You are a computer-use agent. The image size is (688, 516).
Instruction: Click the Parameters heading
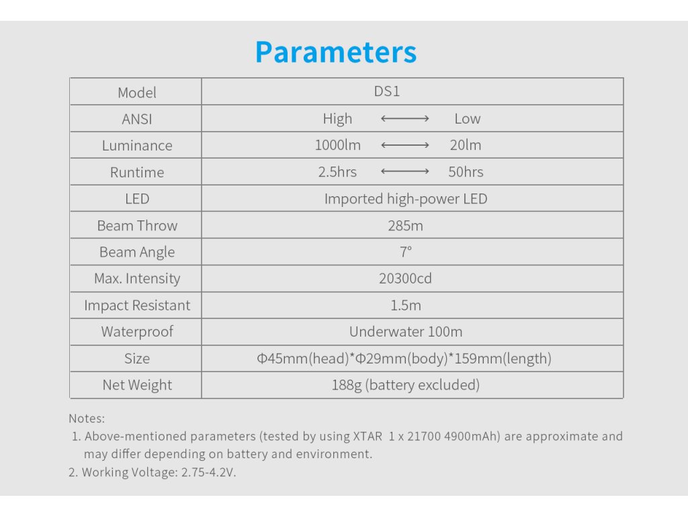pyautogui.click(x=336, y=52)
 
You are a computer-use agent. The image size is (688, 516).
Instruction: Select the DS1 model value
pyautogui.click(x=386, y=91)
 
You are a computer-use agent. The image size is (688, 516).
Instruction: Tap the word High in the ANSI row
pyautogui.click(x=337, y=119)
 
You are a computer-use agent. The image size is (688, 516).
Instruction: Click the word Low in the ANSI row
pyautogui.click(x=468, y=118)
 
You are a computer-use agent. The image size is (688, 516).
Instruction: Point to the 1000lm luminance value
pyautogui.click(x=337, y=145)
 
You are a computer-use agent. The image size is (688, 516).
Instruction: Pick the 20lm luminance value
pyautogui.click(x=465, y=145)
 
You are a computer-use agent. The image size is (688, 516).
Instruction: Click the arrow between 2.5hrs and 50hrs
pyautogui.click(x=405, y=171)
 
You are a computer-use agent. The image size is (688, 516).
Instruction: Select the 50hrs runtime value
pyautogui.click(x=466, y=172)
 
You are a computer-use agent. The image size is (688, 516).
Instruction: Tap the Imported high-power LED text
pyautogui.click(x=406, y=199)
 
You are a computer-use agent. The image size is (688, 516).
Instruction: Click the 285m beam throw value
pyautogui.click(x=405, y=226)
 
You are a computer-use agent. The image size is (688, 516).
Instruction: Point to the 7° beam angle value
pyautogui.click(x=405, y=252)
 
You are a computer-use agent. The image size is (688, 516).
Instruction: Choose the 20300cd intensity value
pyautogui.click(x=405, y=279)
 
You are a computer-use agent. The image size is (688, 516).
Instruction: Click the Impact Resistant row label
pyautogui.click(x=137, y=306)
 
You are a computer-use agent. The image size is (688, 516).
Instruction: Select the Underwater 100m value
pyautogui.click(x=406, y=332)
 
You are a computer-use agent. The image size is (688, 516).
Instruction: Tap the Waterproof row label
pyautogui.click(x=137, y=332)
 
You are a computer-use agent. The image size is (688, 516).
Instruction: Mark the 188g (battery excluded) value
pyautogui.click(x=405, y=385)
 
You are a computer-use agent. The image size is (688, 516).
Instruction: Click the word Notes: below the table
pyautogui.click(x=87, y=419)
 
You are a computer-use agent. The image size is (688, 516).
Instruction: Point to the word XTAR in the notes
pyautogui.click(x=368, y=437)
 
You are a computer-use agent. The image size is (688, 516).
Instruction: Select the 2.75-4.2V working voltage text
pyautogui.click(x=208, y=472)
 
